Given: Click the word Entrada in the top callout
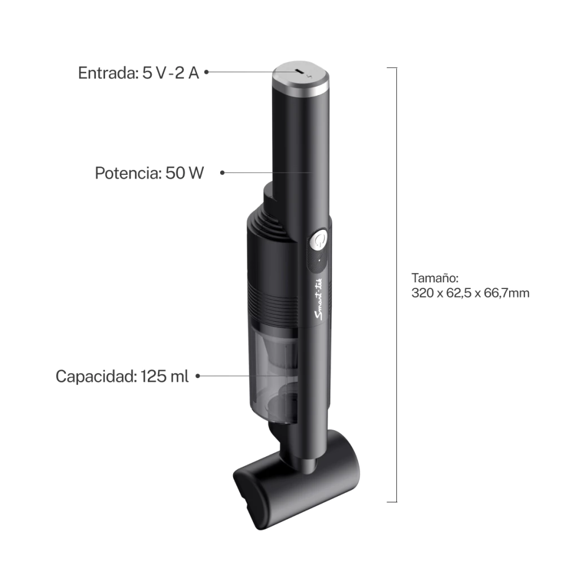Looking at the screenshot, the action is point(108,73).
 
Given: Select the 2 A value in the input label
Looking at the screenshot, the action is point(187,73).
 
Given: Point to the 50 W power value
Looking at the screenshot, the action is point(185,173).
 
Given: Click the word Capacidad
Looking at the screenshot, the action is point(96,376).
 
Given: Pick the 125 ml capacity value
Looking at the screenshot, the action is point(164,376).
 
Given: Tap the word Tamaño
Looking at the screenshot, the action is point(435,278).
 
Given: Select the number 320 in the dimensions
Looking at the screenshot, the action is point(422,293).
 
